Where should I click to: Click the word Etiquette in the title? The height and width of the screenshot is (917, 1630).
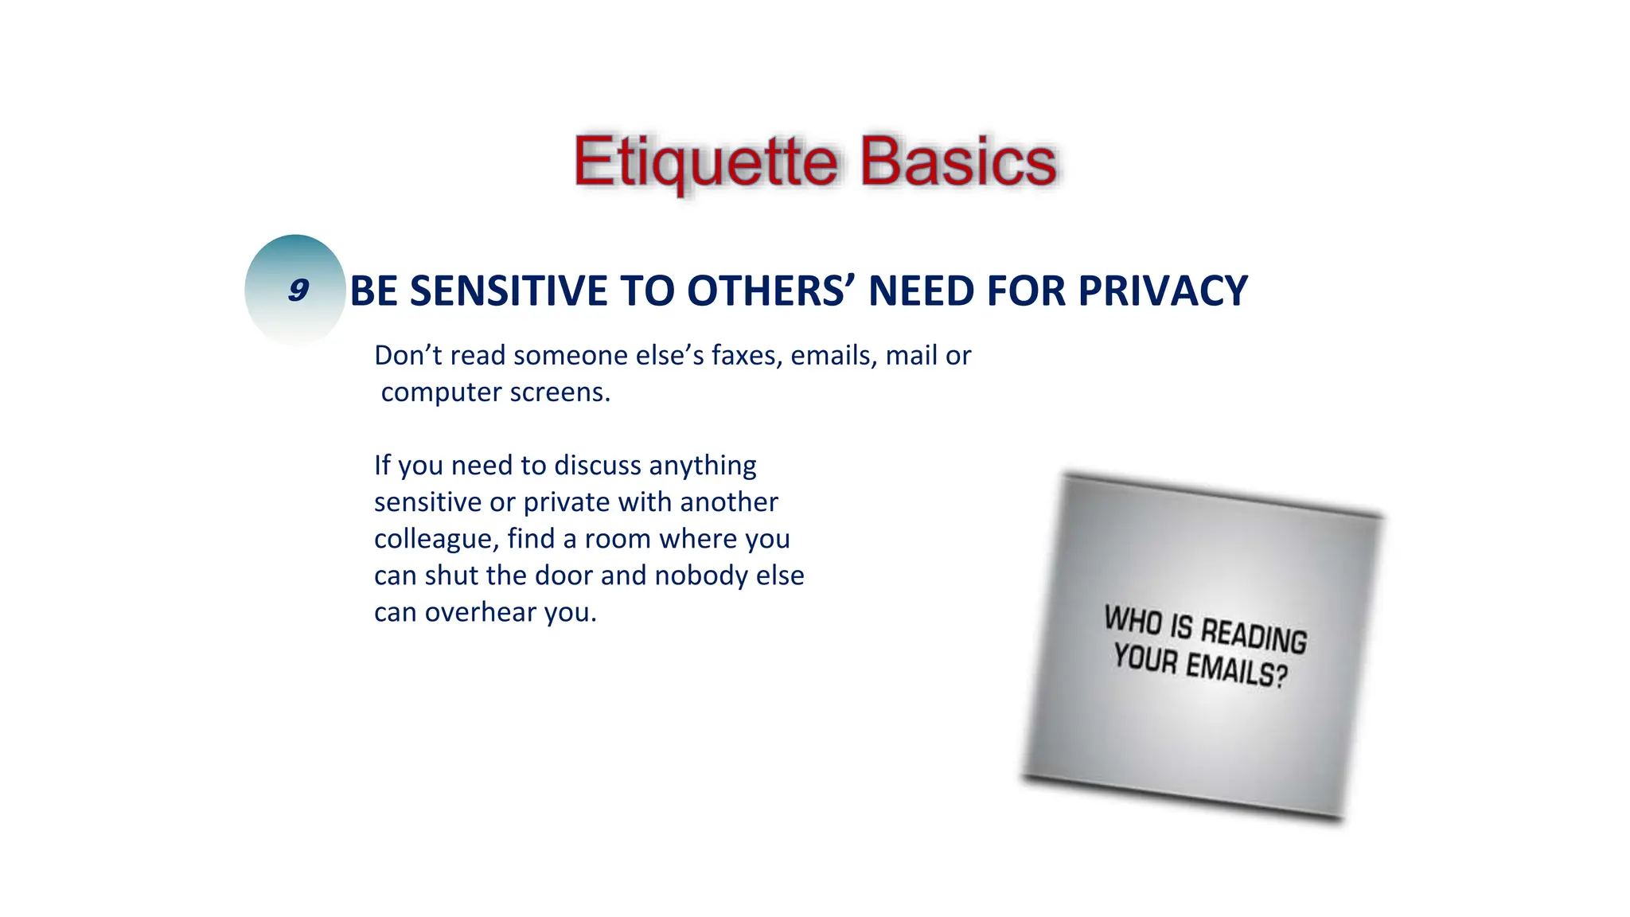coord(705,162)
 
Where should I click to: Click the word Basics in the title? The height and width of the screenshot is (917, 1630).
coord(958,162)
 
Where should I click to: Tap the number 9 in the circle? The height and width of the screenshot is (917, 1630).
coord(298,290)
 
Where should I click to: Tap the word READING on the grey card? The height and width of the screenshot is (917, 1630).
coord(1254,635)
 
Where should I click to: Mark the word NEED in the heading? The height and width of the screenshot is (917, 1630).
coord(922,291)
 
